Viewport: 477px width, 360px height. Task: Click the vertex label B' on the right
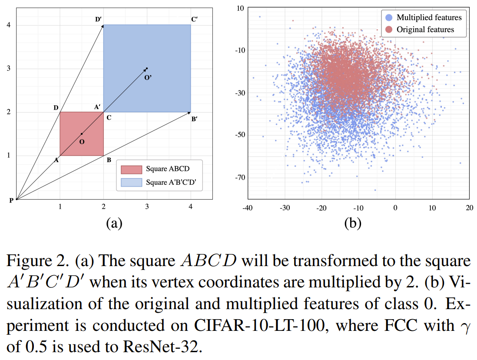[x=194, y=118]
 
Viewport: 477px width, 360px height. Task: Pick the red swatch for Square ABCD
[x=131, y=169]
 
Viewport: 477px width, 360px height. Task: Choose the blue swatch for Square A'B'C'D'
[x=131, y=182]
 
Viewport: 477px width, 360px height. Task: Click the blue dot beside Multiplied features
[x=389, y=17]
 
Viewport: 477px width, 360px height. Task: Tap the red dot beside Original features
[x=389, y=30]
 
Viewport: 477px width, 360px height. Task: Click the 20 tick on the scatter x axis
[x=469, y=208]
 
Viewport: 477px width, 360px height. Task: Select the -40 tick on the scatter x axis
[x=248, y=208]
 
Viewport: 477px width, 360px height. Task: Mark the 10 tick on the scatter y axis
[x=240, y=8]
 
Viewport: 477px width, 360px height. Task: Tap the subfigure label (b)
[x=352, y=223]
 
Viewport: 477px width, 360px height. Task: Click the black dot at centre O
[x=82, y=134]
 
